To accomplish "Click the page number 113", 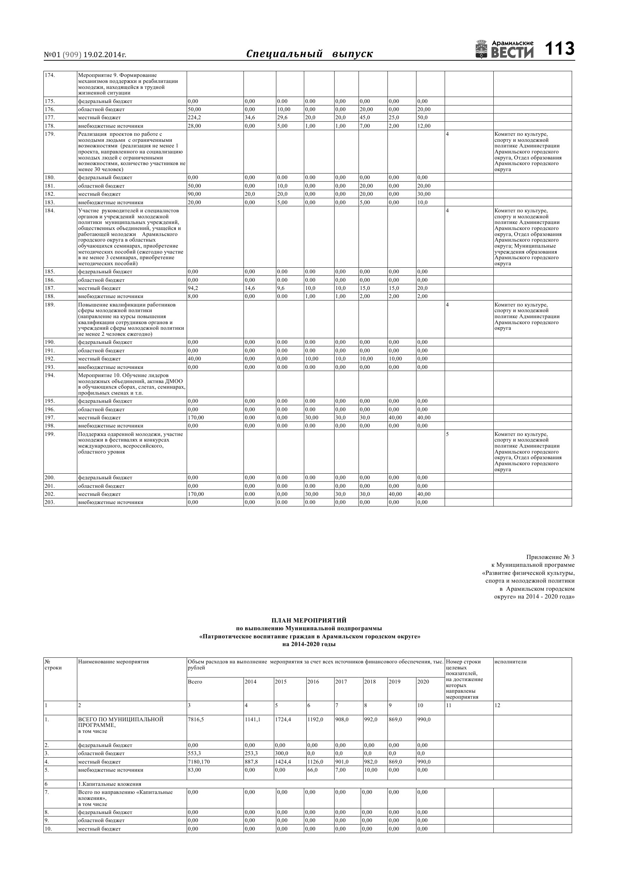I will tap(559, 49).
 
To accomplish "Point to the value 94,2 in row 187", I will tap(193, 288).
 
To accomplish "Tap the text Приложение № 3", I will tap(550, 557).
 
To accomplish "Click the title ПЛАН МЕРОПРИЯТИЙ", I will tap(309, 620).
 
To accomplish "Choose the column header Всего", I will tap(195, 682).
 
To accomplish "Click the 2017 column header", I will tap(341, 682).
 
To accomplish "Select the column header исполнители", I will tap(510, 662).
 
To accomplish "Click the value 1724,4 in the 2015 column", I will tap(283, 719).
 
